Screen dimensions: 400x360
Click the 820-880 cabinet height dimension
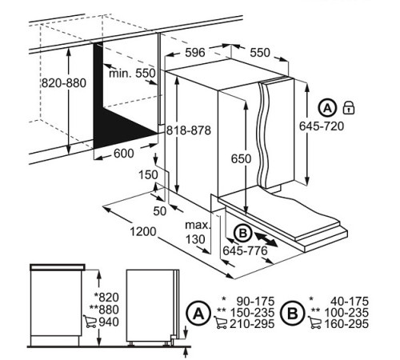coord(64,83)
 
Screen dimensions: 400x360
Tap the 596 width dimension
coord(195,53)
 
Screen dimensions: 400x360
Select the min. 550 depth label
coord(132,73)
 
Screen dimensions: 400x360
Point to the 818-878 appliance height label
coord(189,130)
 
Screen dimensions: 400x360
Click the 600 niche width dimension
coord(124,154)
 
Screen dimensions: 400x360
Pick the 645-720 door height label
coord(322,126)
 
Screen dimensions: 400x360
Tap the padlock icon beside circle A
coord(349,108)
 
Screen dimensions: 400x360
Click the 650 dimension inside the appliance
coord(241,159)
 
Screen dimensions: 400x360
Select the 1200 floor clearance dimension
coord(143,231)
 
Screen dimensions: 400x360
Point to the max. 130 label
coord(198,232)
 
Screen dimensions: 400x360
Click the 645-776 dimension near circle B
coord(245,250)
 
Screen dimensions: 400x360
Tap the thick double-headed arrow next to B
coord(266,239)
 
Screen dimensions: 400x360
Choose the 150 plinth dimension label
coord(148,175)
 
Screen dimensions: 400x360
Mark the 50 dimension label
coord(160,211)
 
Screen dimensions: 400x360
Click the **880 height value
coord(104,310)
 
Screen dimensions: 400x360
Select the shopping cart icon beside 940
coord(90,322)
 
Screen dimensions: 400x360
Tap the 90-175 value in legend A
coord(255,302)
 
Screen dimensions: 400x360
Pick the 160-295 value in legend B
coord(346,324)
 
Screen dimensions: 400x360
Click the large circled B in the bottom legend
coord(293,313)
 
